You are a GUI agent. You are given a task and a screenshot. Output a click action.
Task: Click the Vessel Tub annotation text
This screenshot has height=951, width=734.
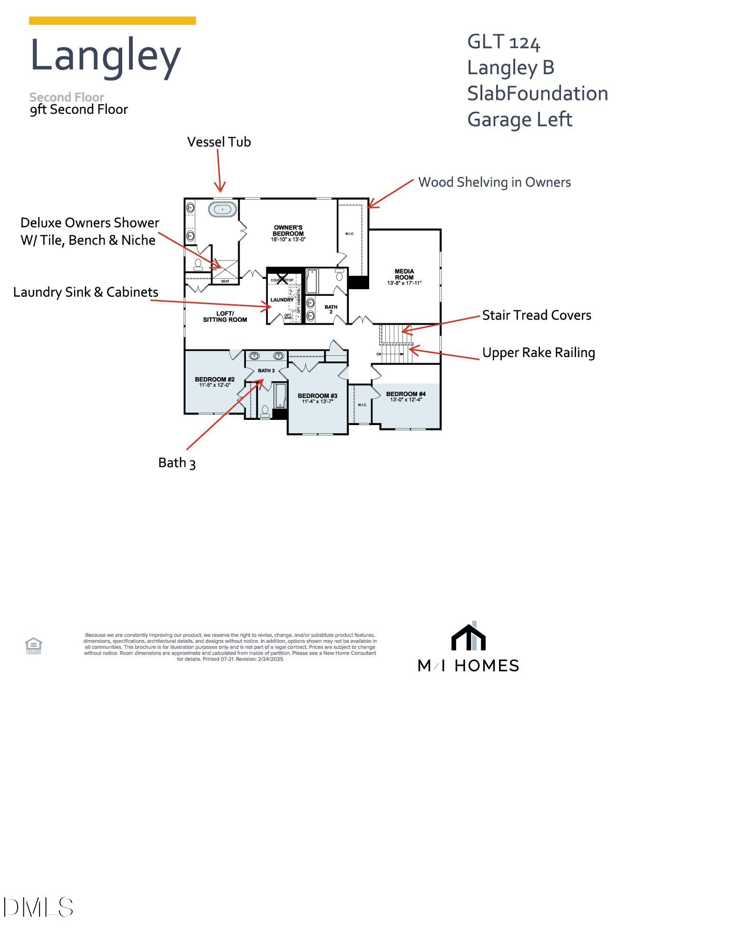pos(219,142)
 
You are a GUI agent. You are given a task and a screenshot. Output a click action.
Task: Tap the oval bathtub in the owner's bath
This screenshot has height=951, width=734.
pos(222,209)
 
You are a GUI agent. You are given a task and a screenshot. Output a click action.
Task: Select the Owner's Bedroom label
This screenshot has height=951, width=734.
pos(288,231)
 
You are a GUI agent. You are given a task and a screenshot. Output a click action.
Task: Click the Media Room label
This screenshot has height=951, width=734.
pos(404,274)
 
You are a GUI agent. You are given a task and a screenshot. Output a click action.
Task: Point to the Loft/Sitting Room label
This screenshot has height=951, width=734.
pos(225,317)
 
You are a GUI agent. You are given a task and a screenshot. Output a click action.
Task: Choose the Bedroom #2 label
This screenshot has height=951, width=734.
pos(215,379)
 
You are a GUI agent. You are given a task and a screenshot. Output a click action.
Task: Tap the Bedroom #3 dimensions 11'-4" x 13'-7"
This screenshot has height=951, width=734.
pos(317,401)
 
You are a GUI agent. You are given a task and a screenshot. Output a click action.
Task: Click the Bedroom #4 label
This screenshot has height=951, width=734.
pos(406,394)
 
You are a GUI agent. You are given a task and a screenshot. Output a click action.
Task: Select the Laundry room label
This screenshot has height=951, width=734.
pos(282,300)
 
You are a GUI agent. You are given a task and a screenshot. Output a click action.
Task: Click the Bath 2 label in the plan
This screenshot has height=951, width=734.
pos(331,309)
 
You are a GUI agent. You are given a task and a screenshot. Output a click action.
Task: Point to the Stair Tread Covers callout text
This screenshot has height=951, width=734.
pos(536,315)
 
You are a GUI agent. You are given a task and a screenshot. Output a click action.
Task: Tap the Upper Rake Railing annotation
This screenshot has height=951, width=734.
pos(538,353)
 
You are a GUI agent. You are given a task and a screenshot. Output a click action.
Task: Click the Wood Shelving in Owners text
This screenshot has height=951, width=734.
pos(494,182)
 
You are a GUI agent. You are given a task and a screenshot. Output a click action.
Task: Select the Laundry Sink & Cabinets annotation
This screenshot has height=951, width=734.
pos(86,292)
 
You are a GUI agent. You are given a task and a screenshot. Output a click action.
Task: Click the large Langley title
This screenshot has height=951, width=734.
pos(105,57)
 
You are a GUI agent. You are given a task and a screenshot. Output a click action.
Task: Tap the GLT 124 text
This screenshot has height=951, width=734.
pos(503,42)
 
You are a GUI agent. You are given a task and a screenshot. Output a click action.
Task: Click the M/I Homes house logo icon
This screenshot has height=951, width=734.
pos(468,636)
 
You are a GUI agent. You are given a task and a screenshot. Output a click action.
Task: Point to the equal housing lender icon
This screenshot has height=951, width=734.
pos(33,645)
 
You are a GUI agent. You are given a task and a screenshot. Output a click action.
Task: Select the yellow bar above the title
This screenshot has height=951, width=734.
pos(112,20)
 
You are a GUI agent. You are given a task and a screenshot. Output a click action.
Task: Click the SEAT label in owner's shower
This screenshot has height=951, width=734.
pos(225,281)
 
